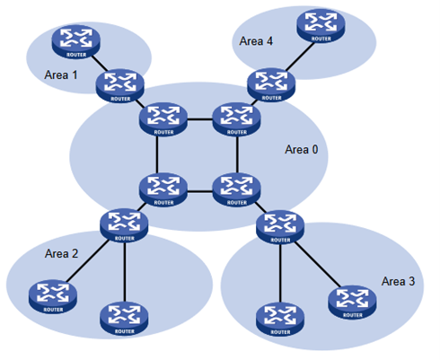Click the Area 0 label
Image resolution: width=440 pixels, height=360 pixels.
pyautogui.click(x=301, y=149)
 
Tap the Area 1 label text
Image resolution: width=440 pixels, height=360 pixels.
pyautogui.click(x=61, y=75)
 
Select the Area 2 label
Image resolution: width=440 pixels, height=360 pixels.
pyautogui.click(x=61, y=254)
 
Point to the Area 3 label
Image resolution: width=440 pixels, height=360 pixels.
pyautogui.click(x=398, y=282)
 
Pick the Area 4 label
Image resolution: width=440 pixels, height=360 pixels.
pyautogui.click(x=256, y=40)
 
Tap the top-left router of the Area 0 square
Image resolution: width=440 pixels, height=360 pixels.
pyautogui.click(x=162, y=118)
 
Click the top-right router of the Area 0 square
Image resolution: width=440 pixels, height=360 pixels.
pyautogui.click(x=236, y=118)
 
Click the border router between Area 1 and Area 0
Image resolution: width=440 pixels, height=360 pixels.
pyautogui.click(x=120, y=85)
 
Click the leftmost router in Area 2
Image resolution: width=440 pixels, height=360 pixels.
pyautogui.click(x=50, y=294)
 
